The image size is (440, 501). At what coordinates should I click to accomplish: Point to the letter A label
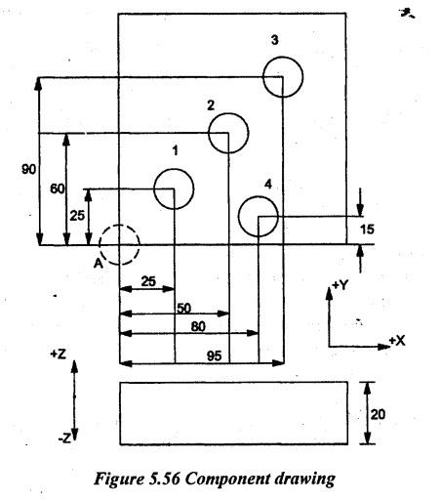point(98,263)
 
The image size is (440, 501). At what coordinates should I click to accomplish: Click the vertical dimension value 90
point(28,169)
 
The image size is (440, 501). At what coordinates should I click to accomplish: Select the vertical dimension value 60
point(58,188)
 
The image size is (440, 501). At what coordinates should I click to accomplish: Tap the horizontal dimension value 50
point(183,308)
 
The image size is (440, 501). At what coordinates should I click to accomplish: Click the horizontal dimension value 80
point(198,326)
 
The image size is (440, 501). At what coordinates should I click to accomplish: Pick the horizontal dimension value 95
point(215,356)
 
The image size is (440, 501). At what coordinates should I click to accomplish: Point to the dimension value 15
point(367,230)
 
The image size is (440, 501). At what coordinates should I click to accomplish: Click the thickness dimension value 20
point(378,414)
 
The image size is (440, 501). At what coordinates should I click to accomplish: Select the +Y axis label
point(340,285)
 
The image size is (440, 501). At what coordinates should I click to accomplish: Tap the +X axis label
point(397,341)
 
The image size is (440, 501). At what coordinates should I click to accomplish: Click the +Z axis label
point(58,354)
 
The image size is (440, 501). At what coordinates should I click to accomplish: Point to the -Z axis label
point(64,438)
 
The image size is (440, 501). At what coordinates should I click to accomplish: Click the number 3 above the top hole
point(275,40)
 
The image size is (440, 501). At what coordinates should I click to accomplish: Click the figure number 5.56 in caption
point(165,480)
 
